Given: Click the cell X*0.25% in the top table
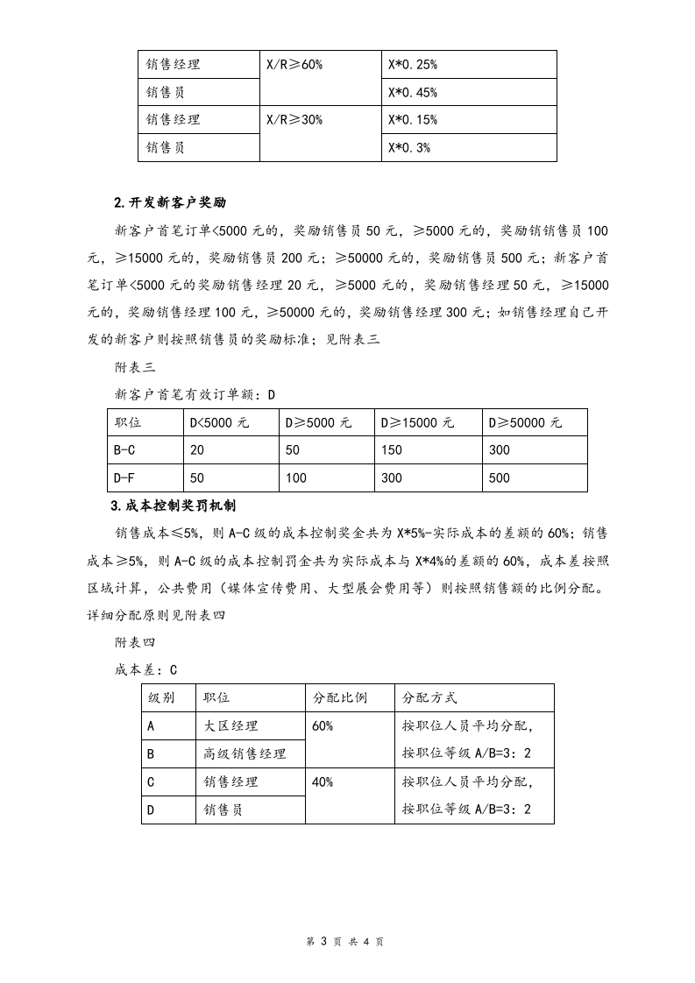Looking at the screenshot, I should point(413,65).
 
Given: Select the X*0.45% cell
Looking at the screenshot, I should point(413,93).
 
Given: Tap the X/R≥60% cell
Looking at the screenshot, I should point(294,65).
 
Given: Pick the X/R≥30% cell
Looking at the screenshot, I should point(294,120).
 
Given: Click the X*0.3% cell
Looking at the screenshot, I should point(409,148).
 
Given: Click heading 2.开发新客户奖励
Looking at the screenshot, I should point(170,202).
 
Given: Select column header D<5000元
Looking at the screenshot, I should point(220,422).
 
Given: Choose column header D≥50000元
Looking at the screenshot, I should point(526,422).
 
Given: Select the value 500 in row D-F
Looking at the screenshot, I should point(500,478).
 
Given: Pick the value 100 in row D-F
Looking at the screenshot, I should point(296,478).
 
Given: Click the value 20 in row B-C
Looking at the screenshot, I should point(197,450).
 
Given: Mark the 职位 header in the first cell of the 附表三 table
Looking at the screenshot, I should point(129,422).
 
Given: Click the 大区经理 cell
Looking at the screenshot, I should point(231,726).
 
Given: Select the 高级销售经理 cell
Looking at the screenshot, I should point(245,753).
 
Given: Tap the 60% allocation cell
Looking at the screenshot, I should point(323,726).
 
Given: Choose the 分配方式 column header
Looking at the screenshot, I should point(429,698).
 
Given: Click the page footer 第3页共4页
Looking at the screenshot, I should point(347,941).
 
